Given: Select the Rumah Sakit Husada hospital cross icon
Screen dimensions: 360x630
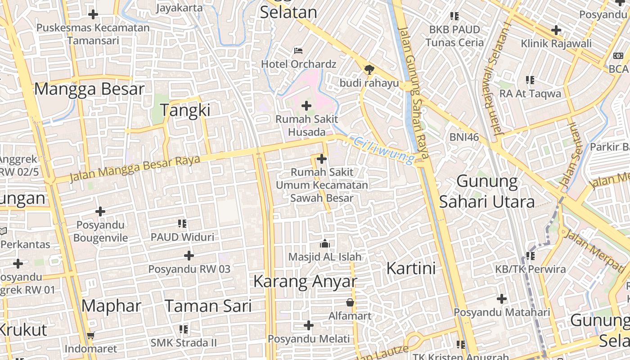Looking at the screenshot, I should pos(306,106).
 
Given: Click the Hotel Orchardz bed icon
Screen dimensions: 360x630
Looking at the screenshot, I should pos(298,50).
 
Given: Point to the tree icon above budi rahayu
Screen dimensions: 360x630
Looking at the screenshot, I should pos(369,69).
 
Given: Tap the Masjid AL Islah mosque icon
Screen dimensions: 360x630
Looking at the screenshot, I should pos(324,244).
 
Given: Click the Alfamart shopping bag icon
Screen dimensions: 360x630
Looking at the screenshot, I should pos(350,302).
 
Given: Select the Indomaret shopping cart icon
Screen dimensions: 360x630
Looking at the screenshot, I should pos(91,335).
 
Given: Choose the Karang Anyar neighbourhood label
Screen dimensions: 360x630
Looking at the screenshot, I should pos(305,281).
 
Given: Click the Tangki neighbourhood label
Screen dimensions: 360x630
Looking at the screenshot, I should pos(185,110).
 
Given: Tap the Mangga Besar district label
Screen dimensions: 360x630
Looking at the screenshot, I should pos(89,89).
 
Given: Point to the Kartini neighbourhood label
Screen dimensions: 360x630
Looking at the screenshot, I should pos(411,268).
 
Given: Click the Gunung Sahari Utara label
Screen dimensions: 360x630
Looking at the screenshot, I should pos(487,191).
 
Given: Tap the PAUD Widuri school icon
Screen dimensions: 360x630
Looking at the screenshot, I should pos(182,224).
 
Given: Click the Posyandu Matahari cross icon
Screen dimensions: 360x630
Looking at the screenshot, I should pos(502,299).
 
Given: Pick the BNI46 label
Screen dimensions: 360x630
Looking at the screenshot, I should pos(464,137).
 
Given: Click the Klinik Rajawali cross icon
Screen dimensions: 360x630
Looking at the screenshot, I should pos(556,30).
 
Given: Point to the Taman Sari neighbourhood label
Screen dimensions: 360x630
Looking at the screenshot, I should pos(208,306).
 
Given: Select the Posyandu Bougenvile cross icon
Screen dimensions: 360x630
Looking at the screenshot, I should pos(100,211).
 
